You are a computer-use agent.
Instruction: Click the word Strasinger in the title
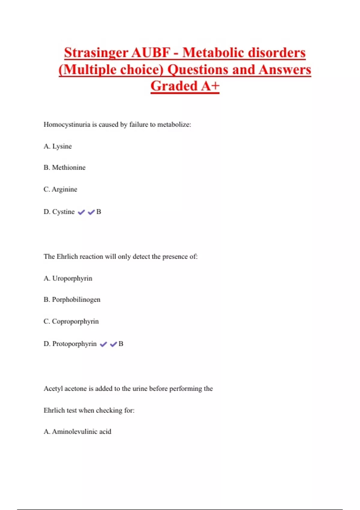point(96,53)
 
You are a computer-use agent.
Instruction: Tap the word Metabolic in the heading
point(213,53)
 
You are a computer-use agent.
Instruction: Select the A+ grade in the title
point(210,86)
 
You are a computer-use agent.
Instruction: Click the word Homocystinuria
point(67,124)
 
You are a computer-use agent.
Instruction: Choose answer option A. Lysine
point(58,146)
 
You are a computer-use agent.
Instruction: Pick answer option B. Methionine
point(64,167)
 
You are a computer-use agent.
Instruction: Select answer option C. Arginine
point(60,189)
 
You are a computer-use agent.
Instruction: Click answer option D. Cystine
point(59,212)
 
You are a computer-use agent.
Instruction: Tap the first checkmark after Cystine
point(81,212)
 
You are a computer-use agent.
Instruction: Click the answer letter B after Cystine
point(99,212)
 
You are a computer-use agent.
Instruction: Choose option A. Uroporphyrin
point(68,278)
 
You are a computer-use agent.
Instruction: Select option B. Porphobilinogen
point(72,300)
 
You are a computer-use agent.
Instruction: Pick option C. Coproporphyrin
point(71,321)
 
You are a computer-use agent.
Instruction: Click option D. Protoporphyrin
point(70,344)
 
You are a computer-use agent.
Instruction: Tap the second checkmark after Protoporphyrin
point(113,344)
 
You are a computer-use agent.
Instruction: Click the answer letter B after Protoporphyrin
point(121,344)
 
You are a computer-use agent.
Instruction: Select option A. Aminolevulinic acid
point(77,432)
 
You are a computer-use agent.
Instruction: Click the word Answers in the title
point(285,70)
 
